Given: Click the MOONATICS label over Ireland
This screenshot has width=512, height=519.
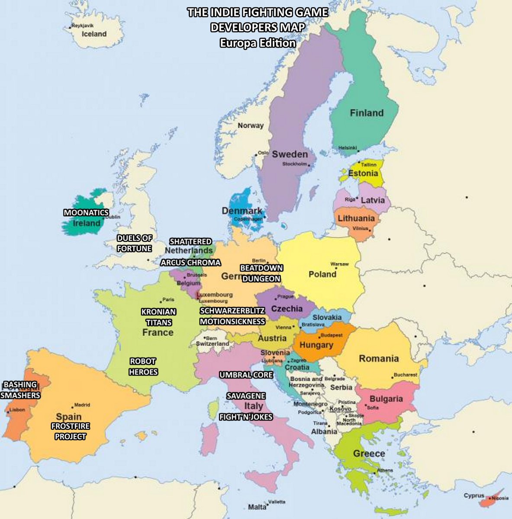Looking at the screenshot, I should click(86, 212).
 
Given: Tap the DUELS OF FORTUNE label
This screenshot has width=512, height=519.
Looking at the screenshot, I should click(134, 243).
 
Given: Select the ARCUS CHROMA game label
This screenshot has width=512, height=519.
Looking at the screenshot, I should click(190, 263).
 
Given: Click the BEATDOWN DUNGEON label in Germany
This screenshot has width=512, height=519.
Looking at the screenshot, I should click(261, 273).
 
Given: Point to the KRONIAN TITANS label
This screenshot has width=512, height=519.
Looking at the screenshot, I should click(158, 317).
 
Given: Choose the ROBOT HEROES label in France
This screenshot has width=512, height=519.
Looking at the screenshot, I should click(143, 366).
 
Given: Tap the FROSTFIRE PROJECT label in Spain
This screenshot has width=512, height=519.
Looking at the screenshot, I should click(70, 431).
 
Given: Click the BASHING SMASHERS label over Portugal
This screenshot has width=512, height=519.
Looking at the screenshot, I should click(20, 390).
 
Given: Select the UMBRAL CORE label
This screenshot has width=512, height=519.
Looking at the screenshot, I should click(246, 375).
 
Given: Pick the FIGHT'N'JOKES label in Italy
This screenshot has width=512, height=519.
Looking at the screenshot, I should click(245, 417).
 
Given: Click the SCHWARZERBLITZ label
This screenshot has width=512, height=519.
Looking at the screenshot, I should click(232, 311).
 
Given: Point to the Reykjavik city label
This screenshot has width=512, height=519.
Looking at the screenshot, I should click(82, 26).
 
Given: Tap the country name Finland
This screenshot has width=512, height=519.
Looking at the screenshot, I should click(367, 113).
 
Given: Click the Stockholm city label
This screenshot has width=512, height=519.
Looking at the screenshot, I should click(295, 164).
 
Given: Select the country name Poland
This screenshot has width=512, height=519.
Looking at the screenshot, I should click(322, 274).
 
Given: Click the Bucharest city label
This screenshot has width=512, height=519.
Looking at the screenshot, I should click(405, 375).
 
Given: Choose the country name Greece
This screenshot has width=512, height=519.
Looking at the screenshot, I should click(369, 453).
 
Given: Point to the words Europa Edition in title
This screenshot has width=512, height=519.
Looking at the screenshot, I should click(258, 43).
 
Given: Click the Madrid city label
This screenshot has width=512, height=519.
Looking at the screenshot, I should click(82, 405).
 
